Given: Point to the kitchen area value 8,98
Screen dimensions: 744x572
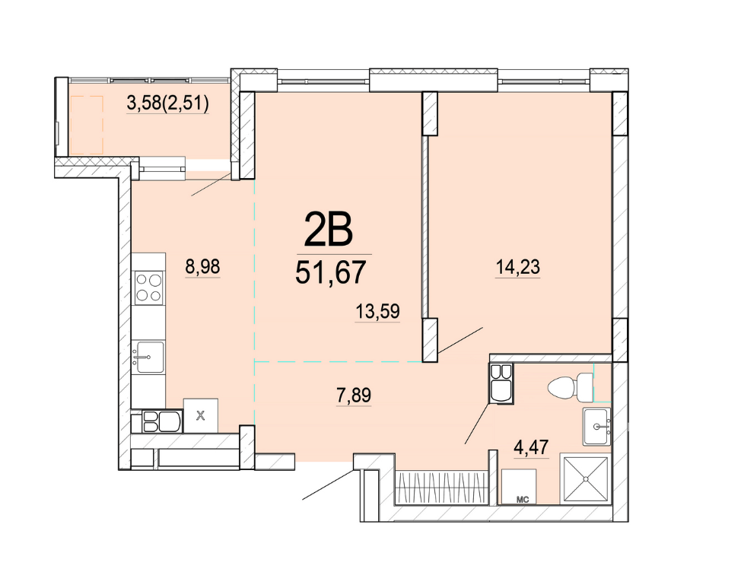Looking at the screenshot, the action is pyautogui.click(x=202, y=267).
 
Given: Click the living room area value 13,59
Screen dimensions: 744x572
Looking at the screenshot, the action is pyautogui.click(x=377, y=311).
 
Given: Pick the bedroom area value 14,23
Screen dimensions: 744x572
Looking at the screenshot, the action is pyautogui.click(x=517, y=266).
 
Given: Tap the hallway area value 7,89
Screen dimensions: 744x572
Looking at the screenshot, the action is pyautogui.click(x=354, y=395).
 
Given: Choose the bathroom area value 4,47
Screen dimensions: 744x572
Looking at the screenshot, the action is pyautogui.click(x=532, y=446).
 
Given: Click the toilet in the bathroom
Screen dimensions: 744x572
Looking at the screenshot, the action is pyautogui.click(x=570, y=386).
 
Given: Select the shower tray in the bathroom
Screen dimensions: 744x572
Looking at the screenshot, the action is pyautogui.click(x=586, y=479).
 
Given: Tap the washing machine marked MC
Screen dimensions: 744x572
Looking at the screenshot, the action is pyautogui.click(x=519, y=487).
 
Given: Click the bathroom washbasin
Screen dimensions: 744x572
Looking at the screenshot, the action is pyautogui.click(x=597, y=426).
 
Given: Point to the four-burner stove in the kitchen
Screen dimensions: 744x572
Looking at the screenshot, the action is pyautogui.click(x=148, y=288).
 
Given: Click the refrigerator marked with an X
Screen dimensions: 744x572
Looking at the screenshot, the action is pyautogui.click(x=201, y=416).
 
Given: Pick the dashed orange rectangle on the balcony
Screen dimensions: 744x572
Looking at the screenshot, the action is pyautogui.click(x=87, y=125).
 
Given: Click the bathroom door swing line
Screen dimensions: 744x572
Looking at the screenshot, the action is pyautogui.click(x=478, y=423).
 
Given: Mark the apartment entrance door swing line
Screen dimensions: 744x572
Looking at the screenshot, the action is pyautogui.click(x=329, y=485).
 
